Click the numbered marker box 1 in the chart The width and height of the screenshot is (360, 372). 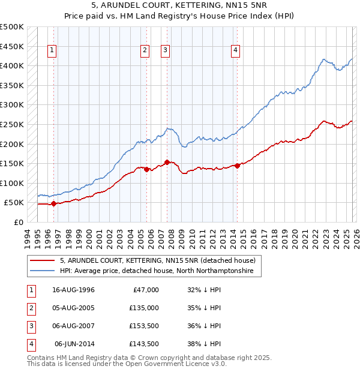pos(53,50)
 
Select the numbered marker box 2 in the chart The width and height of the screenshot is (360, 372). pos(145,50)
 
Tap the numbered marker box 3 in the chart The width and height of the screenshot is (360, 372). pos(165,50)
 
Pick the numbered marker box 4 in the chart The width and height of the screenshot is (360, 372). pos(236,50)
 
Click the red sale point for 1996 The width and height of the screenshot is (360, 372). pos(53,203)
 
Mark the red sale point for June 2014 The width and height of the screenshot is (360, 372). pos(237,166)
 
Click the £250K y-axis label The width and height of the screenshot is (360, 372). pos(12,124)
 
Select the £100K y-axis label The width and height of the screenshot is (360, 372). pos(12,183)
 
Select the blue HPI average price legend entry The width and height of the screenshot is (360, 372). pos(157,271)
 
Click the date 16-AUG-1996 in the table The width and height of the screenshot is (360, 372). pos(73,290)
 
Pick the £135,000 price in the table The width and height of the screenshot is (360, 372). pos(144,308)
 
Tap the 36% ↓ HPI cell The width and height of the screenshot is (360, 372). pos(204,326)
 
